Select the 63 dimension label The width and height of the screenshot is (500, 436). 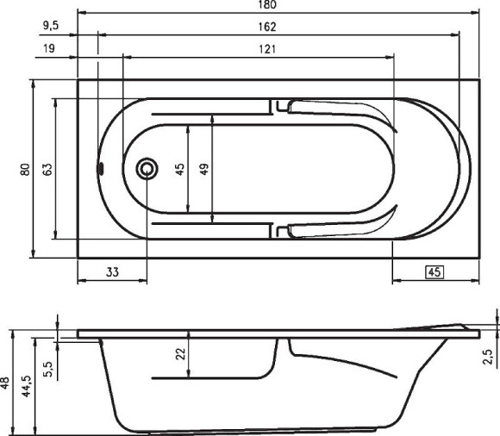(x=47, y=170)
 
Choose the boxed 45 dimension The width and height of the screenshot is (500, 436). (x=434, y=272)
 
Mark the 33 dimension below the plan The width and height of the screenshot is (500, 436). (x=112, y=272)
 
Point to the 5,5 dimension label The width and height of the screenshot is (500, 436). (x=48, y=370)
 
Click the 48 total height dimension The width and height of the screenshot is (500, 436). (x=6, y=383)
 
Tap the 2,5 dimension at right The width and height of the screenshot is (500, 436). (x=487, y=355)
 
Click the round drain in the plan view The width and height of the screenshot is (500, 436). (x=147, y=169)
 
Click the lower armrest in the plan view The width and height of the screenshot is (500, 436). (x=336, y=230)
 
